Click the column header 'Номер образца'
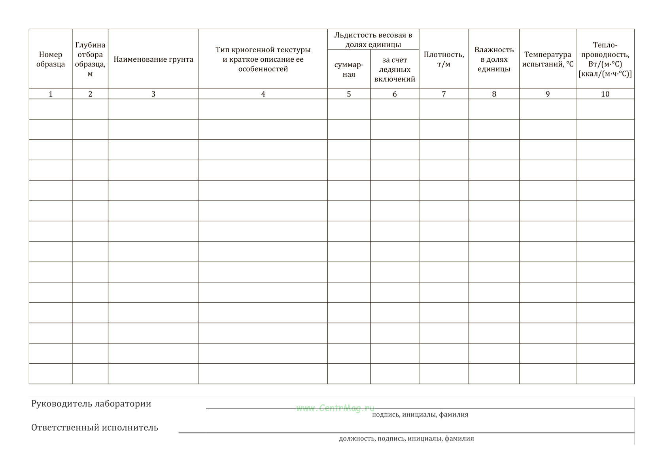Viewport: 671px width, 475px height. tap(51, 59)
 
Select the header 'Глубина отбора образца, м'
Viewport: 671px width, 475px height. tap(90, 59)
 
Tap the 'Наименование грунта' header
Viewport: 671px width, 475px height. tap(153, 59)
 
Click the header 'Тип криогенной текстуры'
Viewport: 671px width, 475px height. tap(263, 59)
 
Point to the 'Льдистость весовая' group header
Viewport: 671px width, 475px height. tap(373, 40)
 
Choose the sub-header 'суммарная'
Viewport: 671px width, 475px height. tap(349, 69)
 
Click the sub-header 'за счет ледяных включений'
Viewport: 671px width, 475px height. tap(395, 69)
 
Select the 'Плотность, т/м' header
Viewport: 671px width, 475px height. tap(444, 59)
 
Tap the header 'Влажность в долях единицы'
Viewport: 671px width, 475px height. tap(494, 59)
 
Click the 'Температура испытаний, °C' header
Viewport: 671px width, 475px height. tap(548, 59)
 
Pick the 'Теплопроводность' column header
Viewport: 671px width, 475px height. tap(605, 59)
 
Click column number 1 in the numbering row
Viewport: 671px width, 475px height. tap(51, 94)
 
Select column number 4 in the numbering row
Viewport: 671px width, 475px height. tap(263, 94)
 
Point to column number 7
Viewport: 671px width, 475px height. tap(444, 94)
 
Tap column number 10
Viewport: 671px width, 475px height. tap(605, 94)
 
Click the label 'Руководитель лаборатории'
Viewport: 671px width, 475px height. tap(91, 404)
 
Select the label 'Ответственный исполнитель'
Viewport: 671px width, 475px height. tap(95, 427)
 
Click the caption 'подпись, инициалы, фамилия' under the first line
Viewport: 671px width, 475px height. tap(420, 414)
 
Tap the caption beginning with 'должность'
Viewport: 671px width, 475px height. tap(406, 438)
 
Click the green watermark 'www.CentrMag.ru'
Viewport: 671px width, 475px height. tap(335, 408)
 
